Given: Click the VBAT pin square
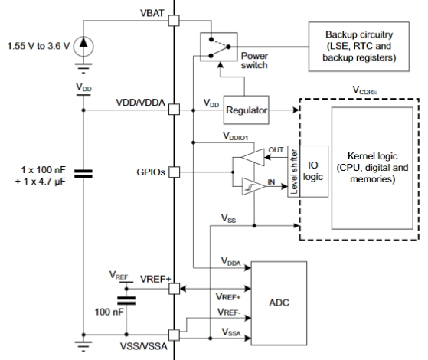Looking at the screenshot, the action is click(x=174, y=21).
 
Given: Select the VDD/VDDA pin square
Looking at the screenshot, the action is click(x=174, y=110).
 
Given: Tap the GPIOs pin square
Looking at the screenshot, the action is click(x=174, y=172).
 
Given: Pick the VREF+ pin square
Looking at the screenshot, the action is click(x=174, y=289).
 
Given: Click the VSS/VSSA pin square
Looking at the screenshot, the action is click(x=174, y=335).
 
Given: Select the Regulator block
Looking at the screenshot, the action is click(x=247, y=110).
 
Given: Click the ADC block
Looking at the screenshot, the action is click(x=279, y=303).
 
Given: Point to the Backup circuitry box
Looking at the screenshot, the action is click(x=359, y=47).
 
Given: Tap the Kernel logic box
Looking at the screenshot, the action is click(x=372, y=169).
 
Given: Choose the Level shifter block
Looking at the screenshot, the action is click(x=294, y=172).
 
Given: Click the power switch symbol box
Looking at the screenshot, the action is click(x=219, y=47).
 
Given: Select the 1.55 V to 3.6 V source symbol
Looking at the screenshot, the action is click(x=83, y=47).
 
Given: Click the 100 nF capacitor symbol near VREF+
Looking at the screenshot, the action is click(x=126, y=300).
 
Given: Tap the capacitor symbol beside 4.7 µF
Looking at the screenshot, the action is click(x=83, y=174).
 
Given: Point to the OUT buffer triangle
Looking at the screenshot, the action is click(x=253, y=157).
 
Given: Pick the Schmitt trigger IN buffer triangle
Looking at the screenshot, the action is click(x=253, y=187).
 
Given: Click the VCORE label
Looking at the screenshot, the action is click(x=365, y=90).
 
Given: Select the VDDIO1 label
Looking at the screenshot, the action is click(x=236, y=136).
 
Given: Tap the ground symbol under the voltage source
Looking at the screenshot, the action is click(x=83, y=68).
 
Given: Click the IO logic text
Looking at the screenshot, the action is click(x=313, y=171).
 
